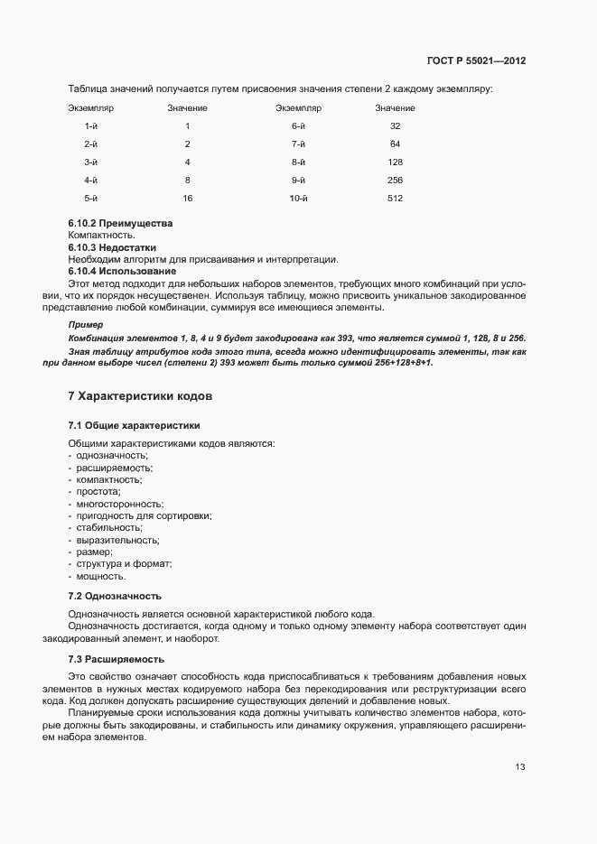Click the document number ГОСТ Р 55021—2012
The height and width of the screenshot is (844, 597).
[x=476, y=61]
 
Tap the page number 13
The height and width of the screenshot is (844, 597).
[x=520, y=767]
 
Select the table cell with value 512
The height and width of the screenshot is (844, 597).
[x=395, y=198]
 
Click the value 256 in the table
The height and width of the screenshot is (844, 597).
[x=395, y=180]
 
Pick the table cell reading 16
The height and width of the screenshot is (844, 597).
[x=187, y=198]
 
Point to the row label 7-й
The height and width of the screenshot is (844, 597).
[x=298, y=144]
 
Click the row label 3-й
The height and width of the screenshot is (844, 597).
[x=90, y=162]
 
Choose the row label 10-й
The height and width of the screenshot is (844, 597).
[x=299, y=198]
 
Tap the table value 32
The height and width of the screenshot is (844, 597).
[x=395, y=125]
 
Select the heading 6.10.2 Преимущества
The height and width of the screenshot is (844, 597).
[x=119, y=223]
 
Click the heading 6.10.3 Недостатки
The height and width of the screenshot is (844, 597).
[x=112, y=247]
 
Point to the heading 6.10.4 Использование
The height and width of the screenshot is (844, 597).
[x=122, y=272]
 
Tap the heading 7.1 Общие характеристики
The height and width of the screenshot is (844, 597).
[x=134, y=424]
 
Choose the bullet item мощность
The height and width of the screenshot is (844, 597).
[x=101, y=576]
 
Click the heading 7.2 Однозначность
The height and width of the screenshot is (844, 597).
[x=115, y=596]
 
